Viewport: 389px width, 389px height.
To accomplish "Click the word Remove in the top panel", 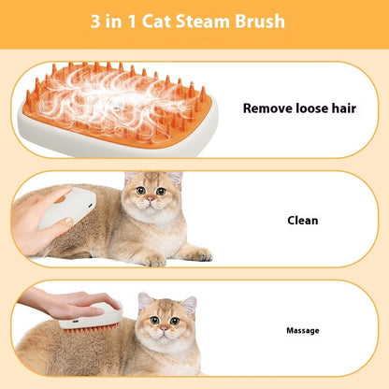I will pyautogui.click(x=268, y=108).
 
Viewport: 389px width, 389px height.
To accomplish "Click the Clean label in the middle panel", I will pyautogui.click(x=302, y=221).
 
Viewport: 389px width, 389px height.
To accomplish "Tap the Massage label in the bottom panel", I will pyautogui.click(x=302, y=330).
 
